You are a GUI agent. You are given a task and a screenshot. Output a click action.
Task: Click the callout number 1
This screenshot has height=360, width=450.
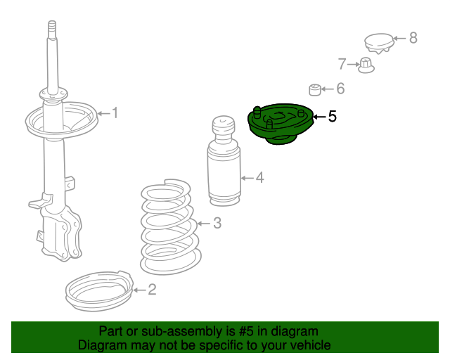[115, 112]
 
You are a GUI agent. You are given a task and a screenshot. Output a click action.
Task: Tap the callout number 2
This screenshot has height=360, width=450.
[152, 289]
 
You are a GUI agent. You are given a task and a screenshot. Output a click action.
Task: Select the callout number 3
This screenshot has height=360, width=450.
[217, 224]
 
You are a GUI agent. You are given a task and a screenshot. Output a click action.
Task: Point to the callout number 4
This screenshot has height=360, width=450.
[259, 177]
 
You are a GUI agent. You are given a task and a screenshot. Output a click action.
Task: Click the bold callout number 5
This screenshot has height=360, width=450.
[333, 117]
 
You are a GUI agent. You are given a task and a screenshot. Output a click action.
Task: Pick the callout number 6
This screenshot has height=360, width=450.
[340, 89]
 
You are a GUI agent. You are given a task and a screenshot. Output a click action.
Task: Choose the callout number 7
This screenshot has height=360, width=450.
[342, 65]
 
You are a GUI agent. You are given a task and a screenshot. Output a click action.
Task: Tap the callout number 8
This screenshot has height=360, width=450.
[413, 38]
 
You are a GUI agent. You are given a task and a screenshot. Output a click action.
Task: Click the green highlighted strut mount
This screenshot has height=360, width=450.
[280, 126]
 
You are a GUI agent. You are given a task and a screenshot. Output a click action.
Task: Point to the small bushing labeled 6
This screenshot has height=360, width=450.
[316, 89]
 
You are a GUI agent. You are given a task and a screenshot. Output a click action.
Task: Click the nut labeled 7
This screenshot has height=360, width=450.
[366, 65]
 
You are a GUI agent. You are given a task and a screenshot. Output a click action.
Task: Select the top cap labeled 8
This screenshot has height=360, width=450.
[378, 43]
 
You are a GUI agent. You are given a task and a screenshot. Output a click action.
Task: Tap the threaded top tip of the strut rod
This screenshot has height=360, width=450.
[51, 30]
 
